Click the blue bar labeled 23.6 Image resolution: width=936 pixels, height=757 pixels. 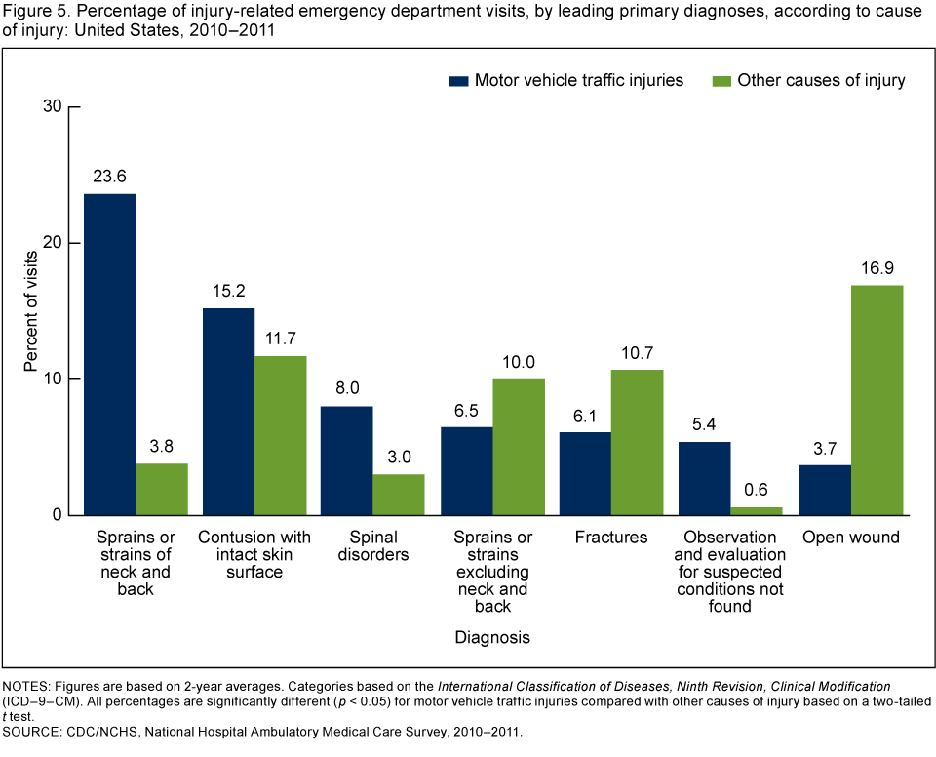pos(110,354)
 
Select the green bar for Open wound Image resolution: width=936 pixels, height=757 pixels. pos(877,400)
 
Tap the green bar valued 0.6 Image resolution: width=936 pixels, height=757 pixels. pos(757,510)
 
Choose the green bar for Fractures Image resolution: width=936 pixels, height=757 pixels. pos(637,442)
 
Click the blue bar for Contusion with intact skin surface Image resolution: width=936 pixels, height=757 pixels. pos(228,412)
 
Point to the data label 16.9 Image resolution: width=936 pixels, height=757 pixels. pos(877,268)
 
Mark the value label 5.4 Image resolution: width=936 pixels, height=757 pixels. pos(704,424)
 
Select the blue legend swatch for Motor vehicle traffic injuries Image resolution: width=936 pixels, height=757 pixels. pos(459,80)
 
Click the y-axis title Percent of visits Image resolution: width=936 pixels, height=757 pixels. pos(30,310)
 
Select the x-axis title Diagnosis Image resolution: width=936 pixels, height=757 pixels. pos(492,638)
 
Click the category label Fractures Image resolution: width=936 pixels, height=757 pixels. pos(611,538)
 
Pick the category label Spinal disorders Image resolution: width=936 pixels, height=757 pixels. pos(373,546)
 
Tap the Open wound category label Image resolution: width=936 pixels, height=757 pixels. pos(850,538)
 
